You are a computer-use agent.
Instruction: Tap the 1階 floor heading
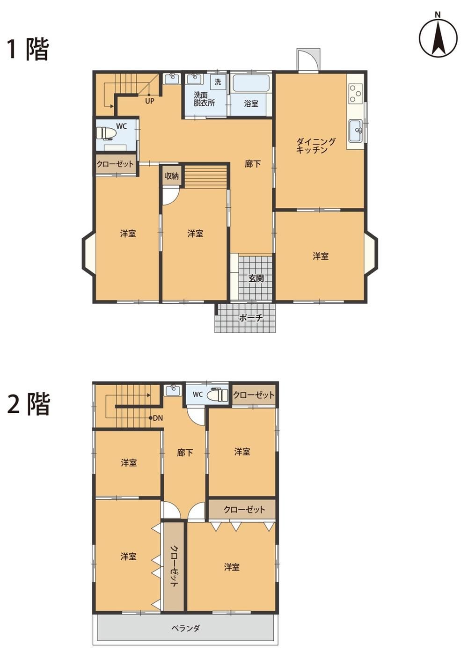point(28,50)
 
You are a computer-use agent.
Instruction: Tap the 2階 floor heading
point(28,403)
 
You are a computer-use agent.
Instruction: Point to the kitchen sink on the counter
point(355,130)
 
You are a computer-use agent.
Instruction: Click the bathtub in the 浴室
point(251,83)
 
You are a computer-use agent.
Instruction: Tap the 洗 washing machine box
point(218,82)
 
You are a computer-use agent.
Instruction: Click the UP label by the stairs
point(150,101)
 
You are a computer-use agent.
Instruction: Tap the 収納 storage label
point(171,176)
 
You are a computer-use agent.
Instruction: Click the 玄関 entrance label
point(256,278)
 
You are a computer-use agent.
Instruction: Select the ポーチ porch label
point(250,318)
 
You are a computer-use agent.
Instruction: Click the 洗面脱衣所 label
point(204,99)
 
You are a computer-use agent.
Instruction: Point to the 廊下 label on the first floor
point(252,164)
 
